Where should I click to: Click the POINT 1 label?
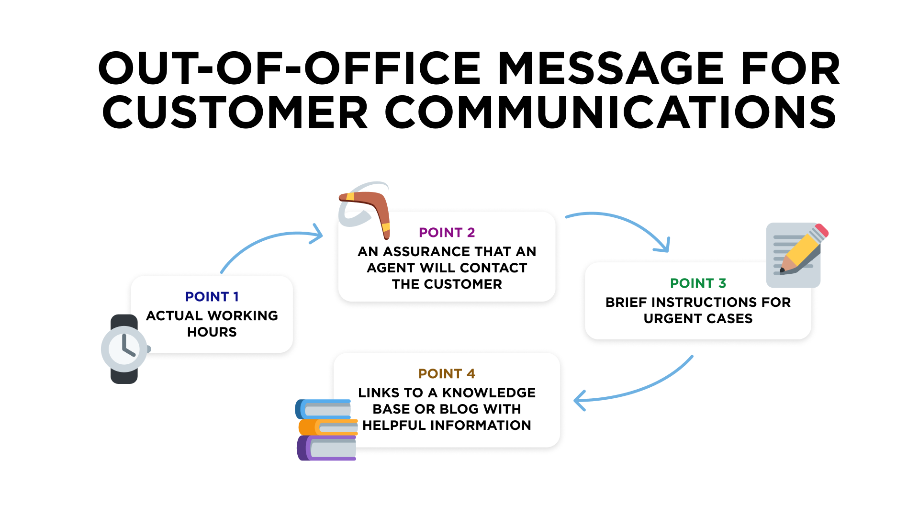coord(212,297)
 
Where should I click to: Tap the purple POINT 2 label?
coord(447,233)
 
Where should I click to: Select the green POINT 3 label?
coord(698,283)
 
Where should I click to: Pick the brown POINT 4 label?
coord(447,374)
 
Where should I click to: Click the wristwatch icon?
coord(124,349)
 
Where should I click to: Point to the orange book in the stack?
coord(327,427)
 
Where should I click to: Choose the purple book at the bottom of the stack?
coord(326,448)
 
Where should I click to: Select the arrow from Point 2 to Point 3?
coord(622,225)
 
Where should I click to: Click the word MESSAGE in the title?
coord(611,68)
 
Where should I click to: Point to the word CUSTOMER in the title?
coord(235,112)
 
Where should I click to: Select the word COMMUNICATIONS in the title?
coord(610,112)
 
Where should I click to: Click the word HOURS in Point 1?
coord(212,332)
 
